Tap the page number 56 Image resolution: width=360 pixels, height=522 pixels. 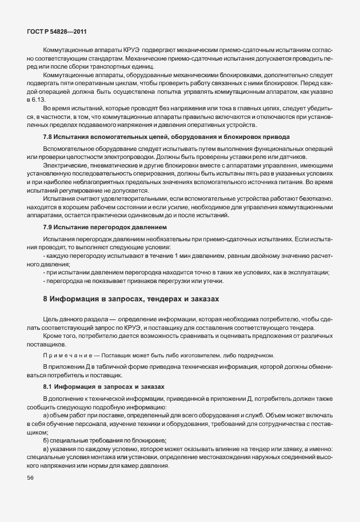[x=30, y=479]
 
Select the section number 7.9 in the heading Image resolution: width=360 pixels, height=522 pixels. [x=49, y=228]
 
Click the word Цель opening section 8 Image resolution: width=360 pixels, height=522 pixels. [x=50, y=317]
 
